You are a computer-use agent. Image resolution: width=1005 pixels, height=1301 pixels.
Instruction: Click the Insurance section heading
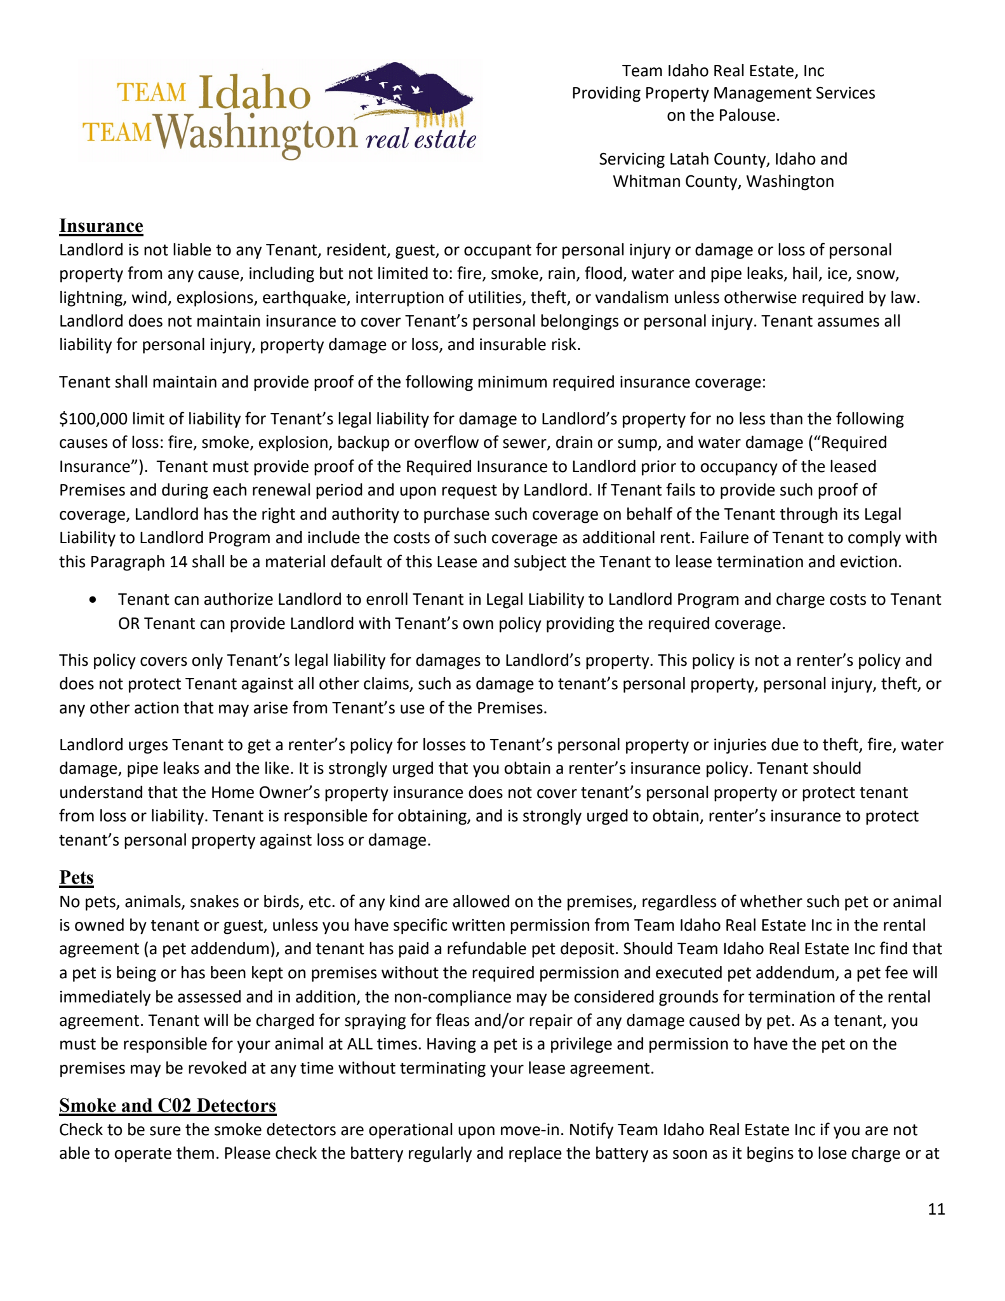pyautogui.click(x=101, y=226)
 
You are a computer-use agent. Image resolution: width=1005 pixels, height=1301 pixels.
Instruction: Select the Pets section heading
pyautogui.click(x=76, y=877)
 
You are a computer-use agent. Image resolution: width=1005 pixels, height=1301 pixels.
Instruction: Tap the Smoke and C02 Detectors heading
pyautogui.click(x=168, y=1105)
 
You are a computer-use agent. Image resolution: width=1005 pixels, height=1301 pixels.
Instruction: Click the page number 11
pyautogui.click(x=936, y=1209)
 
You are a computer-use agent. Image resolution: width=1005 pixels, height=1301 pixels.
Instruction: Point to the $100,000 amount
pyautogui.click(x=93, y=419)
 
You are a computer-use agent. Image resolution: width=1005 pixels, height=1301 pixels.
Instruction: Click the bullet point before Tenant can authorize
pyautogui.click(x=94, y=599)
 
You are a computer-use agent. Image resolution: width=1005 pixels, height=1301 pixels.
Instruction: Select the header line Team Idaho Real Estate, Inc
pyautogui.click(x=722, y=71)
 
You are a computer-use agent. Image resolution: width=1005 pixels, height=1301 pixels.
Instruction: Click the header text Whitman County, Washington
pyautogui.click(x=722, y=181)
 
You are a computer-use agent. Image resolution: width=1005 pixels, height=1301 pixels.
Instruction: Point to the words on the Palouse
pyautogui.click(x=722, y=115)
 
